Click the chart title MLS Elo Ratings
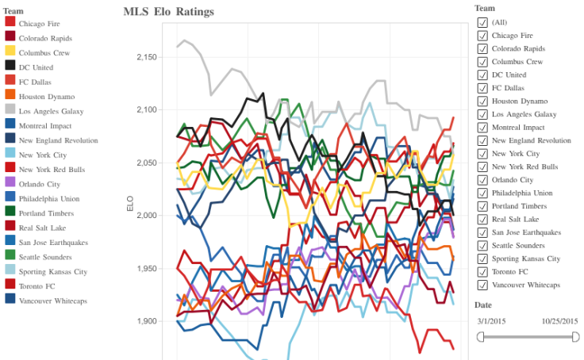(x=168, y=12)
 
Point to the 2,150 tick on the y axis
(x=147, y=58)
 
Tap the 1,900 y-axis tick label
(x=147, y=322)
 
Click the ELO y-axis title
(x=131, y=203)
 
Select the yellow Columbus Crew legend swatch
(x=10, y=53)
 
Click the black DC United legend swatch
(x=10, y=67)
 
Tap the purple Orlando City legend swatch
(x=10, y=184)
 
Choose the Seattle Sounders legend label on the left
(x=44, y=257)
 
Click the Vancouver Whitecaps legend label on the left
(x=52, y=301)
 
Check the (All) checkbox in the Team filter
(x=482, y=22)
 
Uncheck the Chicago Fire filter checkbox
(x=482, y=36)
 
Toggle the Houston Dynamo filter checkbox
(x=482, y=101)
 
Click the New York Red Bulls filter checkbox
(x=482, y=167)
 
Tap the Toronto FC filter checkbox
(x=482, y=271)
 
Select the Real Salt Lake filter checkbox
(x=482, y=219)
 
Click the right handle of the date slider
(x=575, y=337)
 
